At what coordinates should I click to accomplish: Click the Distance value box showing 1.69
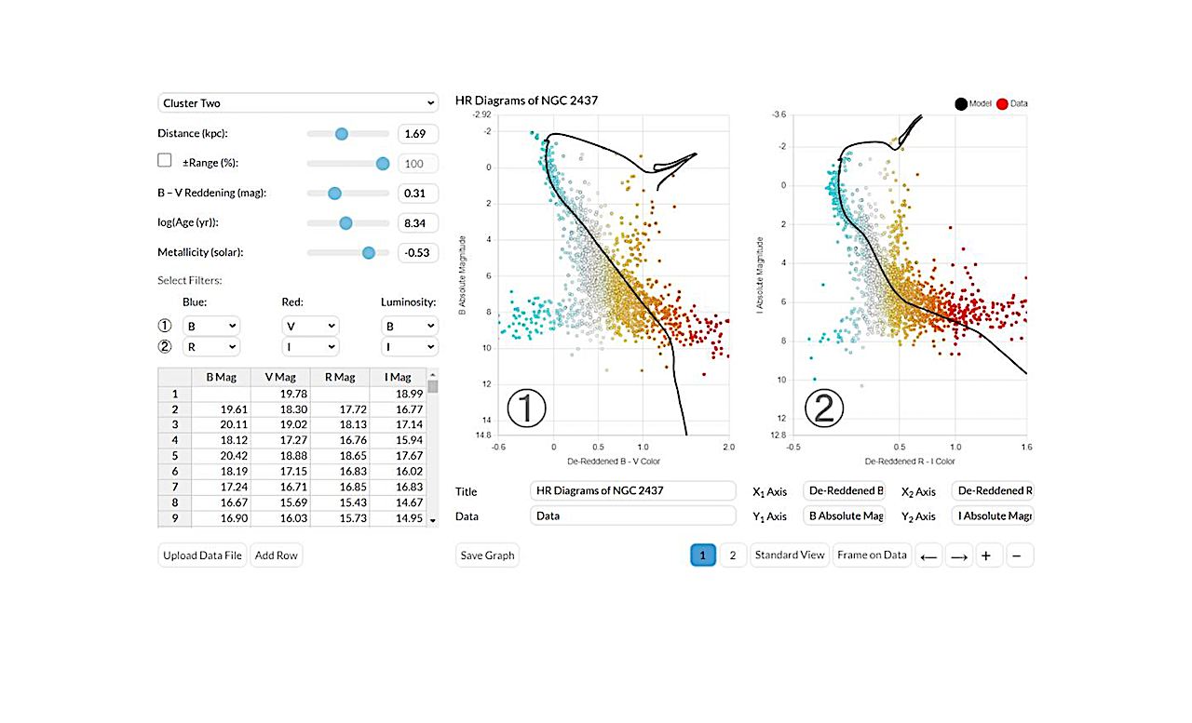point(417,134)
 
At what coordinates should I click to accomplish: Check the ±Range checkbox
point(165,161)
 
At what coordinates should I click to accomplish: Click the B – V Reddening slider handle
point(334,193)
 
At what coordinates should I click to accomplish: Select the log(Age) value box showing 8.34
point(417,223)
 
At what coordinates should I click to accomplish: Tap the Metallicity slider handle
point(369,252)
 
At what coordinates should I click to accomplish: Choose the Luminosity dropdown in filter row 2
point(409,347)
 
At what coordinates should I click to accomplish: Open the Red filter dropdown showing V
point(310,327)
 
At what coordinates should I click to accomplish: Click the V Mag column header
point(280,378)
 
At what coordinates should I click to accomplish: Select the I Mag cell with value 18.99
point(398,394)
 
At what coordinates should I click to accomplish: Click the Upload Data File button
point(202,556)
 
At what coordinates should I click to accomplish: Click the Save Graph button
point(487,556)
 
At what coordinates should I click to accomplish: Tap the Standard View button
point(790,556)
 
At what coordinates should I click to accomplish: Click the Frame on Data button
point(872,556)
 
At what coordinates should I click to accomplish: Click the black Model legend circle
point(959,104)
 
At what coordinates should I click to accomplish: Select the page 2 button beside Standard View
point(733,556)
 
